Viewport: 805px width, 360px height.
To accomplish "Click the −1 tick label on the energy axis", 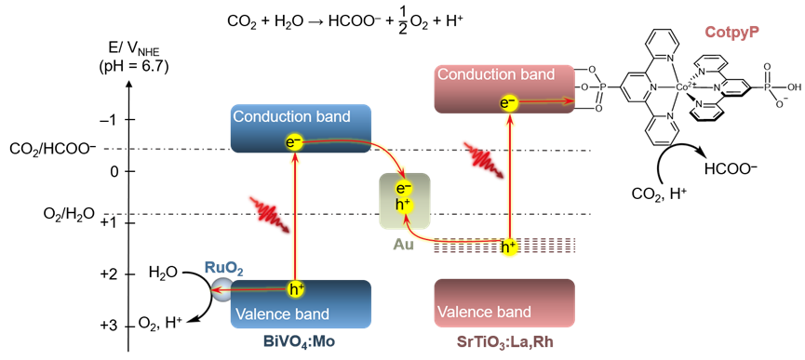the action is (x=112, y=120).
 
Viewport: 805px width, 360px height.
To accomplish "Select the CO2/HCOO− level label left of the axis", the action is (x=53, y=150).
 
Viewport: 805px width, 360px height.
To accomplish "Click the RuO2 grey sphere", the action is (x=221, y=291).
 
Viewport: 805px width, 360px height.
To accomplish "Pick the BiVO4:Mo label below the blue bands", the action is (x=300, y=341).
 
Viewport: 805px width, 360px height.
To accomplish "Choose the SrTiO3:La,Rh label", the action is (x=503, y=341).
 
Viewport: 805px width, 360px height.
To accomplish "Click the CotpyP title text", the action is (x=732, y=33).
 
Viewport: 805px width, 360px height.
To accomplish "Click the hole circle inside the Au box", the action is (x=404, y=205).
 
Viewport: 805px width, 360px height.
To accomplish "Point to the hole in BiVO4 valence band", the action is (x=295, y=290).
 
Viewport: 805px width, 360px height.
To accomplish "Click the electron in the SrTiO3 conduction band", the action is (x=508, y=102).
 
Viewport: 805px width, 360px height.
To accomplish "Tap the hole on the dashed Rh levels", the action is (x=509, y=247).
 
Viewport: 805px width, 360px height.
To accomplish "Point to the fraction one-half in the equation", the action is (x=402, y=21).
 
